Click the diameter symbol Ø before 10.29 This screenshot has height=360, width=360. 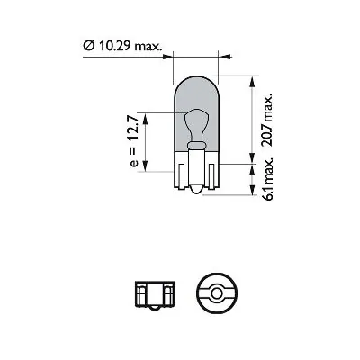[x=86, y=43]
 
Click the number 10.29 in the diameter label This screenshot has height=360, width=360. [x=110, y=43]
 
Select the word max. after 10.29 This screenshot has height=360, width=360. [x=144, y=43]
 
